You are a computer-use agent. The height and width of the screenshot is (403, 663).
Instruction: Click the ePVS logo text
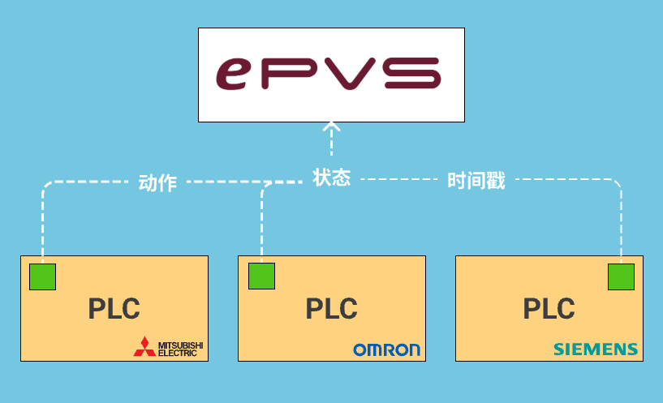click(331, 74)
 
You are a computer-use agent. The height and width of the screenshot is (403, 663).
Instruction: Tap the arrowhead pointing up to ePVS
click(331, 127)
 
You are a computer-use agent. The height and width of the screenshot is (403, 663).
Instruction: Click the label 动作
click(157, 182)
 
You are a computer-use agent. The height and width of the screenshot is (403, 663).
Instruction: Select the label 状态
click(331, 178)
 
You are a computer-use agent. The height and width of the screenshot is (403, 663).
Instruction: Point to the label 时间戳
click(476, 181)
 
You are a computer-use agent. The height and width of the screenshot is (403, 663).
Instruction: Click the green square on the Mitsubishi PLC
click(42, 277)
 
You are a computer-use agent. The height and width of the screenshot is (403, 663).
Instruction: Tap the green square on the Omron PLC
click(261, 276)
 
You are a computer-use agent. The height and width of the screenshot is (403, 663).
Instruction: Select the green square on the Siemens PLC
click(621, 276)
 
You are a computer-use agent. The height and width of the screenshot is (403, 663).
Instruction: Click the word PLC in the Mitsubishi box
click(114, 309)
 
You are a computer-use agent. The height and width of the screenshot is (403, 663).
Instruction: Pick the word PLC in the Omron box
click(331, 309)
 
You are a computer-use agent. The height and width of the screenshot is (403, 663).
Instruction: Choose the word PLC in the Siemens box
click(549, 309)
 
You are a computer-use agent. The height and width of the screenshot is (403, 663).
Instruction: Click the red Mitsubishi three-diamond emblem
click(144, 347)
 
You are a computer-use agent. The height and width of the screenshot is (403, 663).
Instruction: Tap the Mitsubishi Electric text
click(180, 349)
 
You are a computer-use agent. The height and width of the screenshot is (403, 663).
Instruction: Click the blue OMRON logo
click(386, 349)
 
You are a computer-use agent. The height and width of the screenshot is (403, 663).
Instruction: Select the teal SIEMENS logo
click(596, 349)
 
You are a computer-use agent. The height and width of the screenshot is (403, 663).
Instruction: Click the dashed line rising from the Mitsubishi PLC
click(42, 227)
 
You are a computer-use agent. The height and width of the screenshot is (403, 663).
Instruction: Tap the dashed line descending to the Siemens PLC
click(621, 227)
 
